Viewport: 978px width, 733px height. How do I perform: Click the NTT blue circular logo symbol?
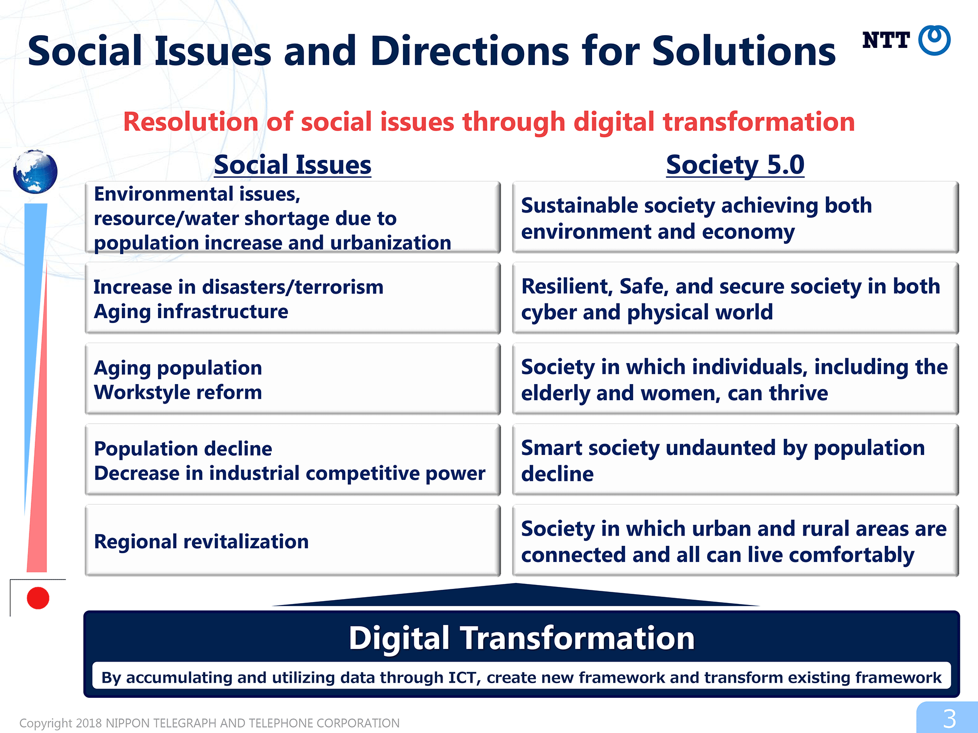(x=934, y=40)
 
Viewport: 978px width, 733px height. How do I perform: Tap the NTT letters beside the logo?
(x=886, y=40)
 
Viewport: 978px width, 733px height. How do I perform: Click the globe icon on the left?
(x=35, y=172)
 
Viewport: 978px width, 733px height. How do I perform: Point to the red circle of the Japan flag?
(x=38, y=598)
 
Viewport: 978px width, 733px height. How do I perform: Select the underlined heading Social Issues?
(x=292, y=165)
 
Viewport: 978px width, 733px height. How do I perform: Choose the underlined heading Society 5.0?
(x=735, y=165)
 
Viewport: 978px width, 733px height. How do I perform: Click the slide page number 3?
(x=949, y=719)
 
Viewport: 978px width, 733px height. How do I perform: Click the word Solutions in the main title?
(x=744, y=51)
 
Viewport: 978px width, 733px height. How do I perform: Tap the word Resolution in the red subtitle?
(x=191, y=122)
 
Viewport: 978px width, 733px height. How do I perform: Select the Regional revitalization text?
(x=201, y=541)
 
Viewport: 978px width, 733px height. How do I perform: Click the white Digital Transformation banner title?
(x=522, y=638)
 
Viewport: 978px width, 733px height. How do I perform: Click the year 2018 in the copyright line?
(x=89, y=723)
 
